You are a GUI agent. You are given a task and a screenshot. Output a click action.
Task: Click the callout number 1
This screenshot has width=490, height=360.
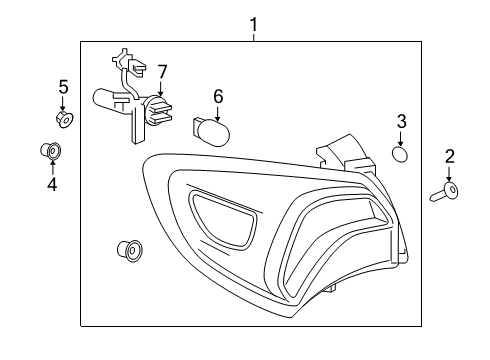253,22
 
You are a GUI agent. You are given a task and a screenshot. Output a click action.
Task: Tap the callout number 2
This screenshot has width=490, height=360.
449,156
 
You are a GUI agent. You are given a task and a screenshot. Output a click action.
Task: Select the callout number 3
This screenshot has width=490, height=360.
401,122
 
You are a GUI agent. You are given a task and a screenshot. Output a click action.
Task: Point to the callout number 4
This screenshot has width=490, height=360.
51,185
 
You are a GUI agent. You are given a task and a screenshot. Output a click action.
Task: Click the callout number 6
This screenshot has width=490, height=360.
217,96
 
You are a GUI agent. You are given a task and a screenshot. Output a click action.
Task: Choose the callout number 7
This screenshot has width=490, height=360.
162,72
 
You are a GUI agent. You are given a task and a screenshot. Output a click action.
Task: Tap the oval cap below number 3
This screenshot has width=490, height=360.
400,155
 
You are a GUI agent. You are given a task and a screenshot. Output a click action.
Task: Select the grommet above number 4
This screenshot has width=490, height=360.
50,152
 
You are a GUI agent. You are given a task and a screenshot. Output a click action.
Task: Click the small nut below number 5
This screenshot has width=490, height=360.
63,120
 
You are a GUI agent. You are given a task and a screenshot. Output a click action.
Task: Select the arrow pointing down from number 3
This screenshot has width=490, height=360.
401,138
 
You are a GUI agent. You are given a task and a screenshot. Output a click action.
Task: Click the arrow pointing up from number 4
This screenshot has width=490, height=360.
51,168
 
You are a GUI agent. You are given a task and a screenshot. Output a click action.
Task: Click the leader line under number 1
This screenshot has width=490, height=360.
253,36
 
